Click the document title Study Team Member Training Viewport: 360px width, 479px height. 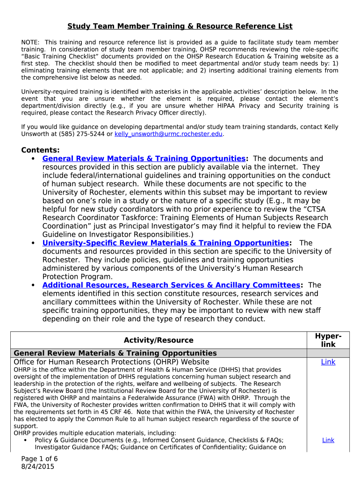tap(180, 26)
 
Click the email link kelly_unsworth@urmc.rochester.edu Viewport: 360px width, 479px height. tap(169, 134)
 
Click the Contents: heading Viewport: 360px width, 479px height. tap(40, 150)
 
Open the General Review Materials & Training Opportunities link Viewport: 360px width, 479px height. tap(144, 159)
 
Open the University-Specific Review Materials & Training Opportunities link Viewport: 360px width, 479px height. tap(166, 243)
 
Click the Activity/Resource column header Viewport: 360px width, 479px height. tap(158, 341)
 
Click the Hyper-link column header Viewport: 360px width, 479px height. tap(328, 340)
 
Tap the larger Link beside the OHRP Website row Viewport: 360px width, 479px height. tap(328, 362)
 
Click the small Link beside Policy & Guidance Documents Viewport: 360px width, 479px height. tap(328, 440)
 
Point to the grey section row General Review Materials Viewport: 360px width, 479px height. tap(115, 353)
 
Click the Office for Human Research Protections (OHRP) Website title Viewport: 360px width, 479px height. tap(111, 362)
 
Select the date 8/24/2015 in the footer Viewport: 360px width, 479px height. tap(38, 466)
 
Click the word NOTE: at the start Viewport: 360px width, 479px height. tap(31, 43)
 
